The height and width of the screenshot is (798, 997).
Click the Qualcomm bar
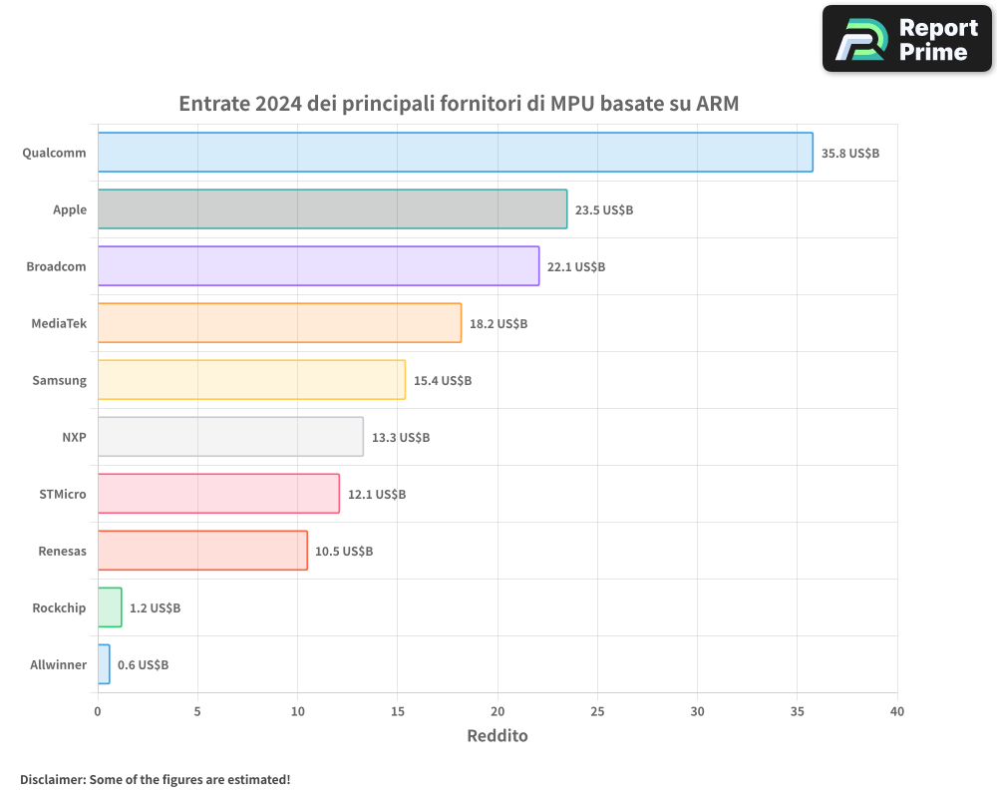tap(455, 153)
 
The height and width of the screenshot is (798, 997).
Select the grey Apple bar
tap(332, 209)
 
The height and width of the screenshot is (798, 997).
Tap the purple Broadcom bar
tap(318, 266)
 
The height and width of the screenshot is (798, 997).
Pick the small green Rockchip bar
tap(110, 607)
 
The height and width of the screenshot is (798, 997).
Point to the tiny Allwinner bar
tap(104, 664)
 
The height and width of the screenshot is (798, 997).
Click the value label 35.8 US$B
tap(849, 154)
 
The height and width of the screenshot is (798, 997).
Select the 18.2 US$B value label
tap(498, 324)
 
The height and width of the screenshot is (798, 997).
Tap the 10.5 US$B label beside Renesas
tap(344, 551)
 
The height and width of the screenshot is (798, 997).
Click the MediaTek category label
tap(59, 323)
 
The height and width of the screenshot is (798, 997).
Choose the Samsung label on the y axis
tap(59, 380)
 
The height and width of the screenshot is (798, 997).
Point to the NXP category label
tap(74, 437)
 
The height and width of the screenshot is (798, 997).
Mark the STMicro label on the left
tap(63, 494)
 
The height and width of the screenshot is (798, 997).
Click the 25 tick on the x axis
tap(597, 711)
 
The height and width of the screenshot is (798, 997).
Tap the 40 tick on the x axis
tap(897, 711)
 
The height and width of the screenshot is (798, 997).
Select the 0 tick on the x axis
tap(98, 711)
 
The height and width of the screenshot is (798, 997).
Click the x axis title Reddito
tap(498, 736)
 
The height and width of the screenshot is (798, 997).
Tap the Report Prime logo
tap(906, 39)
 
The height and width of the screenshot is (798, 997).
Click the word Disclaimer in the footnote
tap(51, 779)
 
